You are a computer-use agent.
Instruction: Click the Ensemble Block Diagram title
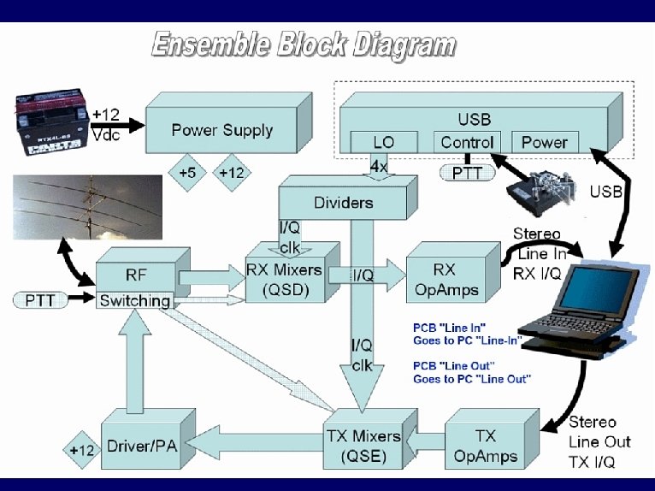(303, 44)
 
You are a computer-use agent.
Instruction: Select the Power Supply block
(221, 131)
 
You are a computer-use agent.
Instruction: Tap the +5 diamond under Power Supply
(186, 173)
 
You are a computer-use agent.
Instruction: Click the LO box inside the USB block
(383, 142)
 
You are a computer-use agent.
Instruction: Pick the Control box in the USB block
(466, 142)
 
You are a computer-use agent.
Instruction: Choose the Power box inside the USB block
(544, 142)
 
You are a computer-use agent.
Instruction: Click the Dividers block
(344, 203)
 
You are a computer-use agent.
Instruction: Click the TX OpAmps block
(486, 447)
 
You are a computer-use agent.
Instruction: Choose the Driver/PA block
(142, 447)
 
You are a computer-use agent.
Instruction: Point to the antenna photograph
(88, 207)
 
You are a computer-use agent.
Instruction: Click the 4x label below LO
(379, 167)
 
